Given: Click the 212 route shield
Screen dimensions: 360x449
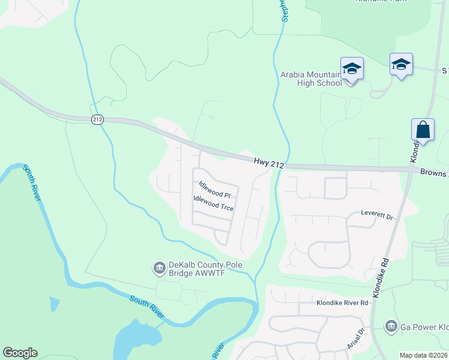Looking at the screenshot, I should pyautogui.click(x=97, y=121).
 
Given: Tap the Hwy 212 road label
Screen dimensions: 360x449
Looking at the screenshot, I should pyautogui.click(x=267, y=161).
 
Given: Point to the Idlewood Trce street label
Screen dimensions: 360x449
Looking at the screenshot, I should pyautogui.click(x=213, y=203).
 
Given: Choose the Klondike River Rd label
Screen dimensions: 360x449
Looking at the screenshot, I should pyautogui.click(x=342, y=303).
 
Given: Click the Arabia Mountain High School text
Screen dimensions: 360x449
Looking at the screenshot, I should pyautogui.click(x=311, y=79).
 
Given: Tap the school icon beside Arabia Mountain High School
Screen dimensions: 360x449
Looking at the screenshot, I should pyautogui.click(x=352, y=69).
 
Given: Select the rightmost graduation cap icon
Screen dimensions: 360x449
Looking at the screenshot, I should pyautogui.click(x=401, y=64).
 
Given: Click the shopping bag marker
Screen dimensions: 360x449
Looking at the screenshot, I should pyautogui.click(x=423, y=130).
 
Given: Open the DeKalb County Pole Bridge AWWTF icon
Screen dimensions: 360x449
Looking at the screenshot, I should pyautogui.click(x=160, y=268).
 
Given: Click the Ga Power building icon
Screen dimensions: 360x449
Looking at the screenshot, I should pyautogui.click(x=391, y=326).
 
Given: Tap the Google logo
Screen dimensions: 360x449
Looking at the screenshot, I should pyautogui.click(x=20, y=353).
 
